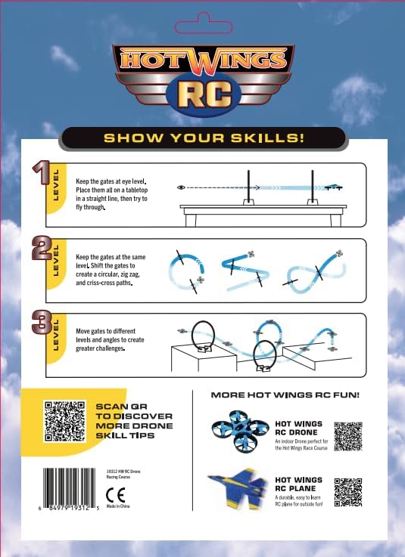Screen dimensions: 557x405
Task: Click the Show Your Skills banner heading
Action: click(203, 138)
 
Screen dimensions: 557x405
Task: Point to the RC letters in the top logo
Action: click(202, 94)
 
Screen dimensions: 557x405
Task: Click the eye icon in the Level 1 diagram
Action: click(181, 186)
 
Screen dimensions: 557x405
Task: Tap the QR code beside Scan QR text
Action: click(63, 420)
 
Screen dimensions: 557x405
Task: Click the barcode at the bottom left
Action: click(70, 491)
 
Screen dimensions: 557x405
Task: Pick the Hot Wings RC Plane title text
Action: click(298, 484)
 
